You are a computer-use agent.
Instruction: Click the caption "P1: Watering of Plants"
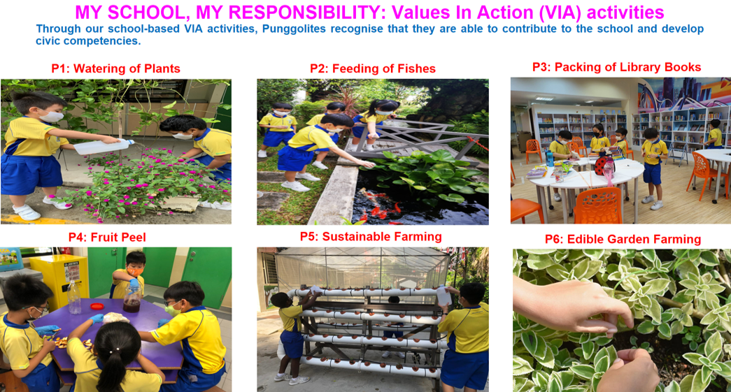coord(115,68)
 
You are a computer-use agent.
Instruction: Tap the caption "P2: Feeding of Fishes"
coord(372,69)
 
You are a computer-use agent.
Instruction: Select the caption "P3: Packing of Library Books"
coord(616,67)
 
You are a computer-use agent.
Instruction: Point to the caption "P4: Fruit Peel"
coord(107,238)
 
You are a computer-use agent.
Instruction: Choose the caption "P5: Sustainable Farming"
coord(371,236)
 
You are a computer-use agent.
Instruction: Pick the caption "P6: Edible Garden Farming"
coord(623,239)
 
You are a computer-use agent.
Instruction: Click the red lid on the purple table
coord(97,306)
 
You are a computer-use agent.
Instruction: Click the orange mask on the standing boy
coord(135,271)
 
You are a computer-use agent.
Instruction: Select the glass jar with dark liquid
coord(132,298)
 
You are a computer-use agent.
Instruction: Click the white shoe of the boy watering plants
coord(26,212)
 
